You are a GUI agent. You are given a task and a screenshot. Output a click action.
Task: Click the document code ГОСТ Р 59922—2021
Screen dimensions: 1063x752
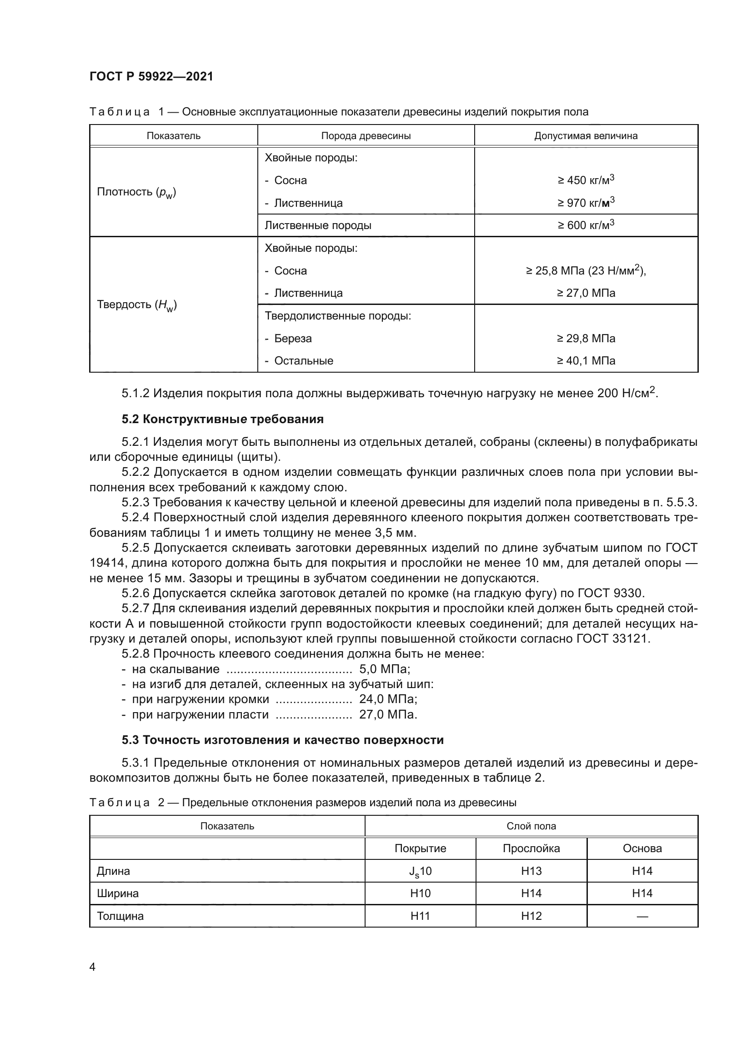coord(151,76)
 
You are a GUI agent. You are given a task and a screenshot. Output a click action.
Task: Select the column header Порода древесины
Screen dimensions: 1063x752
coord(366,135)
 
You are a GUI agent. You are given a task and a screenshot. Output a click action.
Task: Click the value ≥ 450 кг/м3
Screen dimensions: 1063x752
coord(586,180)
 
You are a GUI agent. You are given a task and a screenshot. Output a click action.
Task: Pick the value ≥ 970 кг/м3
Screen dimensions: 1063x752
coord(586,203)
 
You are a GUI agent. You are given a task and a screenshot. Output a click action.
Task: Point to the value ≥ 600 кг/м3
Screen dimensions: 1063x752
coord(586,225)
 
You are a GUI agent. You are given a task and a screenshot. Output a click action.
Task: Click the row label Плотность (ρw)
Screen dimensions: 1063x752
coord(136,192)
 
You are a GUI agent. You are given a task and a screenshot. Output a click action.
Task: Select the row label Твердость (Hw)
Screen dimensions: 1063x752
coord(136,304)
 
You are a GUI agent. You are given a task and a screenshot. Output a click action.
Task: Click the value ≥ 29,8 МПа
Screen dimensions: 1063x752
coord(586,339)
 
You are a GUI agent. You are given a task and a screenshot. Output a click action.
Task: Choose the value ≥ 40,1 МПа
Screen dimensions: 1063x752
coord(586,361)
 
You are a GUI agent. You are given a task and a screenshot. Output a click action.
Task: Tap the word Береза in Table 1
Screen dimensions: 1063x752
coord(293,339)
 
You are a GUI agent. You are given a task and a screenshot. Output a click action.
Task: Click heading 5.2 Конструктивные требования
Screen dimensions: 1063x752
coord(222,419)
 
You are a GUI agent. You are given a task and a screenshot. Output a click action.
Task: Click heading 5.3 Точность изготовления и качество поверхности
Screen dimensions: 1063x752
coord(282,740)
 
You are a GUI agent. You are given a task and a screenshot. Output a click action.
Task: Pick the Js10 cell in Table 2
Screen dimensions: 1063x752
coord(420,871)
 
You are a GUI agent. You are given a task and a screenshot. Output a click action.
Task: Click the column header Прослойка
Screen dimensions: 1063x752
coord(531,848)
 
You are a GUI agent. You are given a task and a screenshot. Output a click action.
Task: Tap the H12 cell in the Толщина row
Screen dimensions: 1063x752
coord(531,916)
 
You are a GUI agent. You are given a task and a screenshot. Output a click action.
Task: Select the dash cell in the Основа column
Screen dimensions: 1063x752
coord(642,916)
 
